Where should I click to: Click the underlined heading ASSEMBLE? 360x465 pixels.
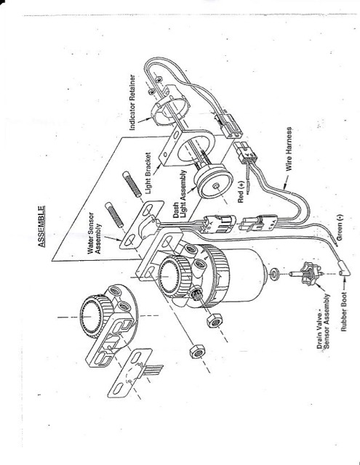click(41, 227)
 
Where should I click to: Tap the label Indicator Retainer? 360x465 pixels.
click(132, 102)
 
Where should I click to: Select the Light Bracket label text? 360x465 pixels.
click(148, 173)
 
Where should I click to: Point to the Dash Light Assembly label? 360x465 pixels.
click(180, 194)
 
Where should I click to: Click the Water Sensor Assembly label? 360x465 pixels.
click(95, 233)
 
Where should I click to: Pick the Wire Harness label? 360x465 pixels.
click(289, 149)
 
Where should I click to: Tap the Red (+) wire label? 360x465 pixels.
click(241, 192)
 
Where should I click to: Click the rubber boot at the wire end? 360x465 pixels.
click(344, 268)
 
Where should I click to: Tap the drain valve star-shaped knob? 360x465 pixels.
click(309, 272)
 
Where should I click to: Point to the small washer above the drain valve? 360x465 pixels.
click(274, 273)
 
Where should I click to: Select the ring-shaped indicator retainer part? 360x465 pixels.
click(170, 106)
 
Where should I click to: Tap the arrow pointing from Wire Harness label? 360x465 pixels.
click(285, 182)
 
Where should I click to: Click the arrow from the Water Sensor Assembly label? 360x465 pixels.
click(113, 237)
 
